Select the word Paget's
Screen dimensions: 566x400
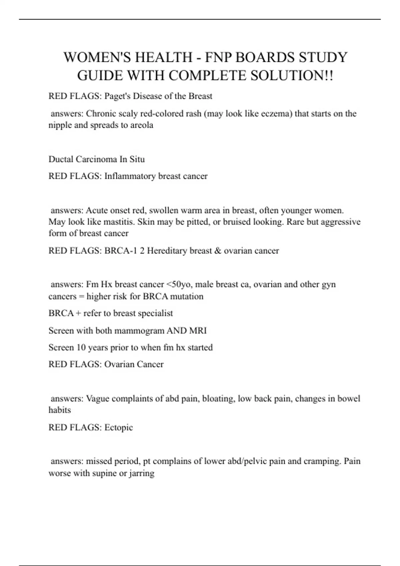(117, 96)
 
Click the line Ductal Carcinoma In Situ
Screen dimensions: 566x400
(97, 159)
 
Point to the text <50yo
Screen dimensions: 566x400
(178, 284)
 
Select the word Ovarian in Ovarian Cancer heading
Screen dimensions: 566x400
(119, 364)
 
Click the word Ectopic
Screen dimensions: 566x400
(119, 427)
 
